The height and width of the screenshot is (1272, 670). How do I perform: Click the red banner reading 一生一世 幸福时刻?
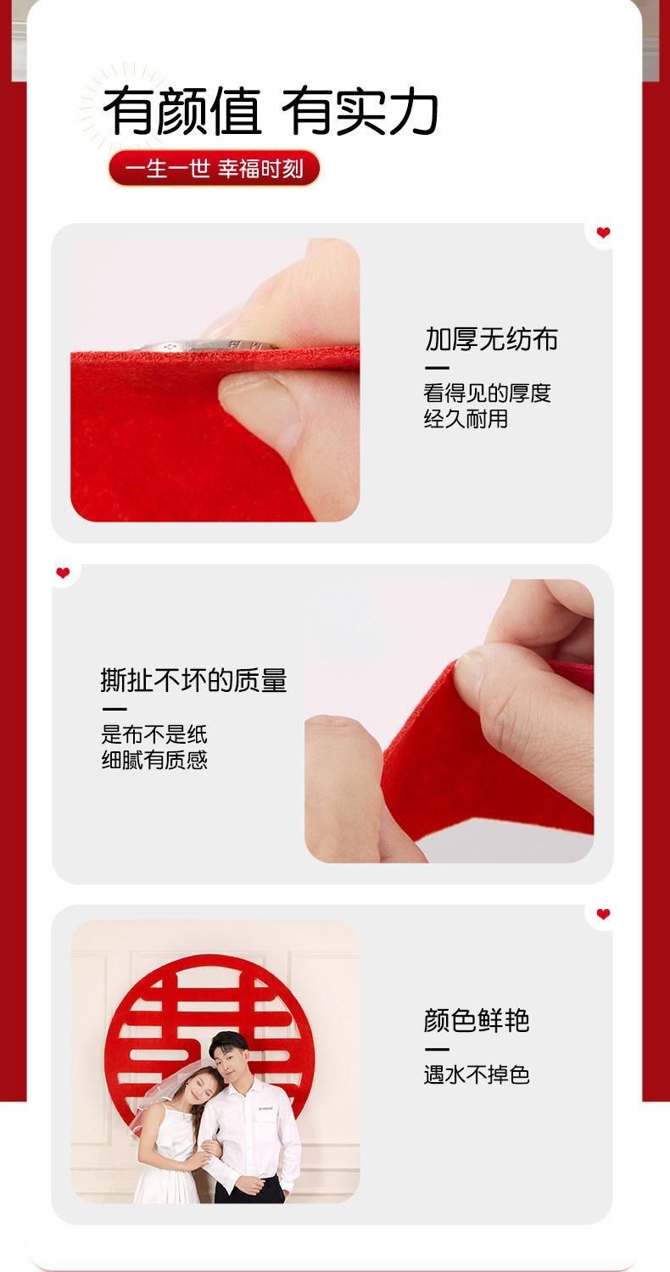[x=214, y=168]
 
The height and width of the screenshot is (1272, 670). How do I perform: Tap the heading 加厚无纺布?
[x=492, y=339]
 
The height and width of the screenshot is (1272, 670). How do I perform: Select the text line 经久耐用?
[x=466, y=419]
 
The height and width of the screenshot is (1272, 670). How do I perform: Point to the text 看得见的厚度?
[x=487, y=393]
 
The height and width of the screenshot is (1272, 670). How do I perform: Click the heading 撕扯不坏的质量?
[x=193, y=680]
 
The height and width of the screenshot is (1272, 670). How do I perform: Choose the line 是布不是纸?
[x=154, y=734]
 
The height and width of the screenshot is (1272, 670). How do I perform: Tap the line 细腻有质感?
[x=154, y=760]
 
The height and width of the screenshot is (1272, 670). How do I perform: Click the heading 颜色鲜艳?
[x=477, y=1020]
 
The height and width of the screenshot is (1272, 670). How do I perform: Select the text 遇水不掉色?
[x=477, y=1074]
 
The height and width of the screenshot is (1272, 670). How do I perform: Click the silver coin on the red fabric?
[x=205, y=345]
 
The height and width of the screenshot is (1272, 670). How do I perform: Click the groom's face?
[x=227, y=1062]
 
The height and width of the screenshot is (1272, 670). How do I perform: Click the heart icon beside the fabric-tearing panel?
[x=63, y=573]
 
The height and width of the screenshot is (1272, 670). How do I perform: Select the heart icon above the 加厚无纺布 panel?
[x=603, y=232]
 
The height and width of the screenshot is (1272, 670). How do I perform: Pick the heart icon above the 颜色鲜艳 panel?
[x=603, y=913]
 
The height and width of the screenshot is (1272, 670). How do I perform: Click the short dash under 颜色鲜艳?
[x=436, y=1050]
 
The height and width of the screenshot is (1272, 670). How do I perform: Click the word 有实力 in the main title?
[x=360, y=111]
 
